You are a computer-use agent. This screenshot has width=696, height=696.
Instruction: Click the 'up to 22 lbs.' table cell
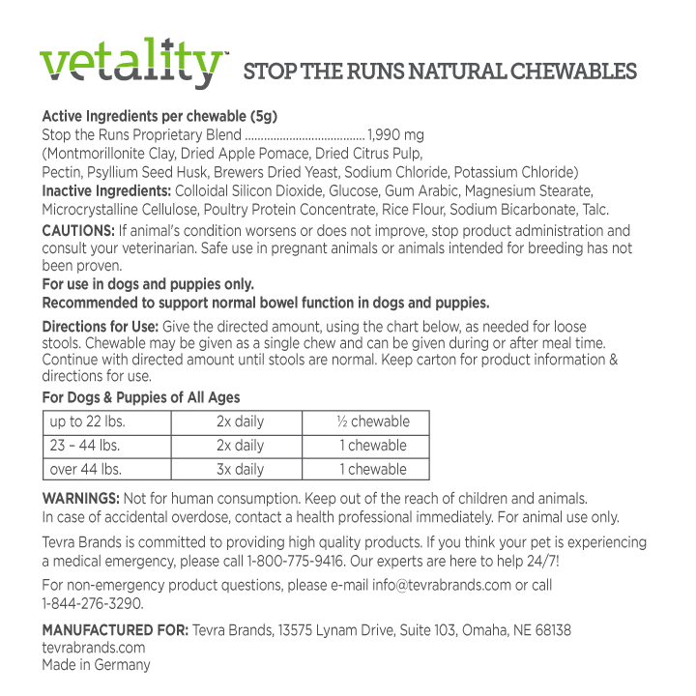[88, 421]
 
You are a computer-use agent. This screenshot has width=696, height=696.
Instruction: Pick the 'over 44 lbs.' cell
[86, 470]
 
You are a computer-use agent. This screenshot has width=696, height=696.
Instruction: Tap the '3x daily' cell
[240, 470]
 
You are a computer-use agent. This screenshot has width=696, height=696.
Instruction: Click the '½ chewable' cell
[373, 421]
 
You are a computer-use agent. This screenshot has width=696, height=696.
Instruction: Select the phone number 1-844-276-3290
[92, 603]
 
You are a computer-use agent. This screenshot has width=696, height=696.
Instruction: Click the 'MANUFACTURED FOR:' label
[115, 630]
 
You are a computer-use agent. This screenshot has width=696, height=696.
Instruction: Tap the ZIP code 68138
[551, 630]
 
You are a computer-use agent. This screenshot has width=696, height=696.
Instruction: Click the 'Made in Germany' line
[96, 665]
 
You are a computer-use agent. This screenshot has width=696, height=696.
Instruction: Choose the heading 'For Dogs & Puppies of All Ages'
[141, 397]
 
